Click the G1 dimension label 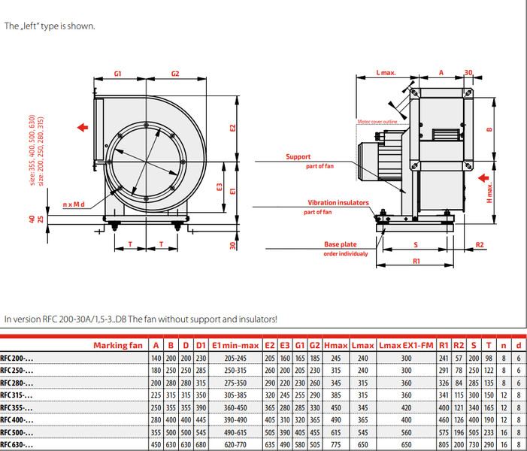click(x=118, y=74)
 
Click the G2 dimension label click(x=175, y=74)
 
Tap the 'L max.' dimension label click(x=386, y=73)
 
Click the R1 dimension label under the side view click(x=416, y=260)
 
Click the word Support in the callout click(x=298, y=157)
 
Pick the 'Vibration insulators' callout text click(x=338, y=203)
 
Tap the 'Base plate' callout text click(x=341, y=245)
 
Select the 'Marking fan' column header click(x=117, y=345)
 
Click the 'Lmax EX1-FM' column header click(x=406, y=345)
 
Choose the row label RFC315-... click(x=17, y=395)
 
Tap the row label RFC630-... click(x=17, y=445)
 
